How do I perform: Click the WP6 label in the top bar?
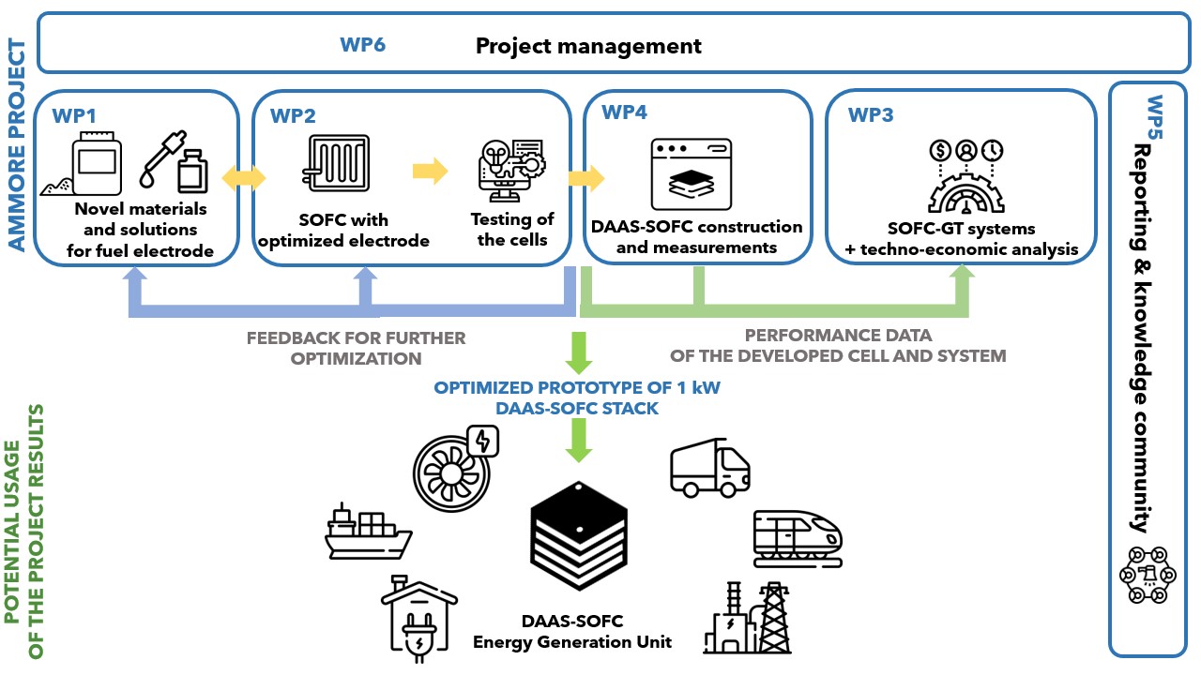click(x=362, y=45)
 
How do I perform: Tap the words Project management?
click(x=588, y=45)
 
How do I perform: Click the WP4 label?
click(x=624, y=113)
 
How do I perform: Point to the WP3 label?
click(x=871, y=115)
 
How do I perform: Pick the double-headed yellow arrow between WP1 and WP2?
click(x=243, y=177)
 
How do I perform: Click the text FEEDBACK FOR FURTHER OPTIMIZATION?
click(x=356, y=348)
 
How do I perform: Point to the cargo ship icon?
click(x=367, y=532)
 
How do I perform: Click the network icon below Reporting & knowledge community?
click(x=1143, y=575)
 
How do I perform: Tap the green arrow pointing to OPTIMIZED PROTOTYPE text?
click(x=578, y=353)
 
